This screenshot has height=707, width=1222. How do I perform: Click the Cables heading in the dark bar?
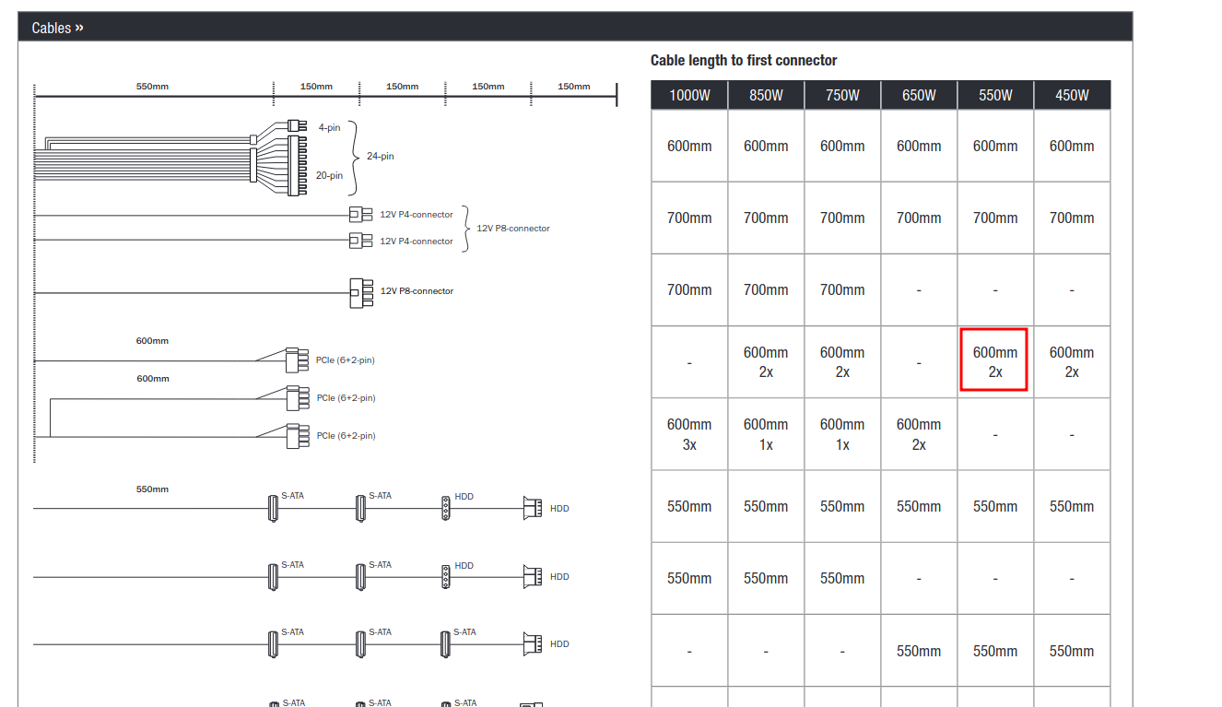coord(57,28)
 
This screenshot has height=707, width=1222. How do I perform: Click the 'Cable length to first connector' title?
coord(744,60)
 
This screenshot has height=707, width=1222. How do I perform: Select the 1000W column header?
coord(689,96)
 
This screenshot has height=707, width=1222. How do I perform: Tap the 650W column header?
coord(919,96)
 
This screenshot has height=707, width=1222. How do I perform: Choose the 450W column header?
coord(1072,96)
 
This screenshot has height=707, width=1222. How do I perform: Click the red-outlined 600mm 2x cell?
coord(994,359)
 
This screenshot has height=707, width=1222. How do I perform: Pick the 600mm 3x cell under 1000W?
coord(689,434)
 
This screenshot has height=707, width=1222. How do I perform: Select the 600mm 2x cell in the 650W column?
coord(919,434)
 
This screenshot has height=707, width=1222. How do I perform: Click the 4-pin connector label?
coord(330,127)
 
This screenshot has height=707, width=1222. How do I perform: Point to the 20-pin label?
coord(330,176)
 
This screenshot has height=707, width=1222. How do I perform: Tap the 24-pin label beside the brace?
coord(381,156)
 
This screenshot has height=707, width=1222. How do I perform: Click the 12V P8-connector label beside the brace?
coord(513,228)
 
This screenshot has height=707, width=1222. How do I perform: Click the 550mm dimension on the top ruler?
coord(152,87)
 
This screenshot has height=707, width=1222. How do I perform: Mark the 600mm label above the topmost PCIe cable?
coord(152,341)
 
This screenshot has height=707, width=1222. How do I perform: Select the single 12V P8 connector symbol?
coord(361,293)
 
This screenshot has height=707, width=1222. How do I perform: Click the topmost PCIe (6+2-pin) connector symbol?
coord(298,360)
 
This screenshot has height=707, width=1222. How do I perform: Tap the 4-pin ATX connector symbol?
coord(298,126)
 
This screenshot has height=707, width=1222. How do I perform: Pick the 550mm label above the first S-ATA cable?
coord(152,489)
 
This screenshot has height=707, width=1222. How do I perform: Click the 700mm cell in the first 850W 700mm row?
coord(766,218)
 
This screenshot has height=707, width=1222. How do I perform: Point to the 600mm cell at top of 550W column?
coord(995,146)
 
